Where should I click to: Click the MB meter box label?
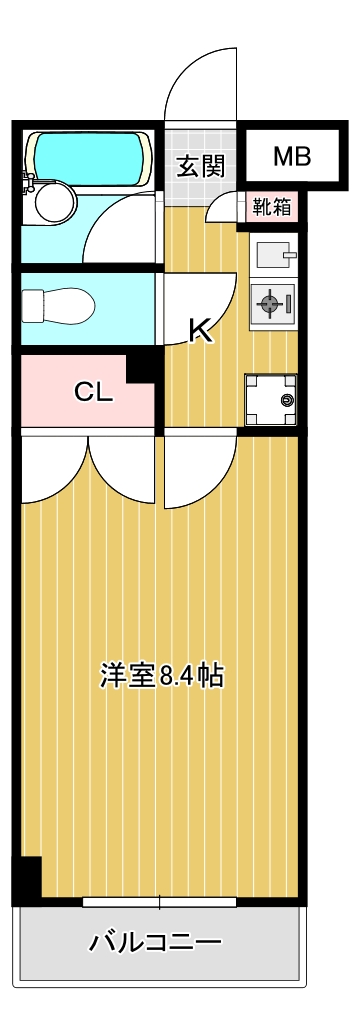[292, 157]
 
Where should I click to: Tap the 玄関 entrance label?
[200, 166]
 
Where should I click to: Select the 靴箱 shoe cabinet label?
[271, 208]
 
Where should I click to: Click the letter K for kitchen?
[201, 329]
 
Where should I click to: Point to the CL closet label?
[94, 393]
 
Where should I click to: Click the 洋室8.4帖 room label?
[161, 676]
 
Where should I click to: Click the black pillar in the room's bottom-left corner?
[27, 880]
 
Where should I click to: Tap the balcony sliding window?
[160, 902]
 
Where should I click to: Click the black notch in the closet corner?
[142, 366]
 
